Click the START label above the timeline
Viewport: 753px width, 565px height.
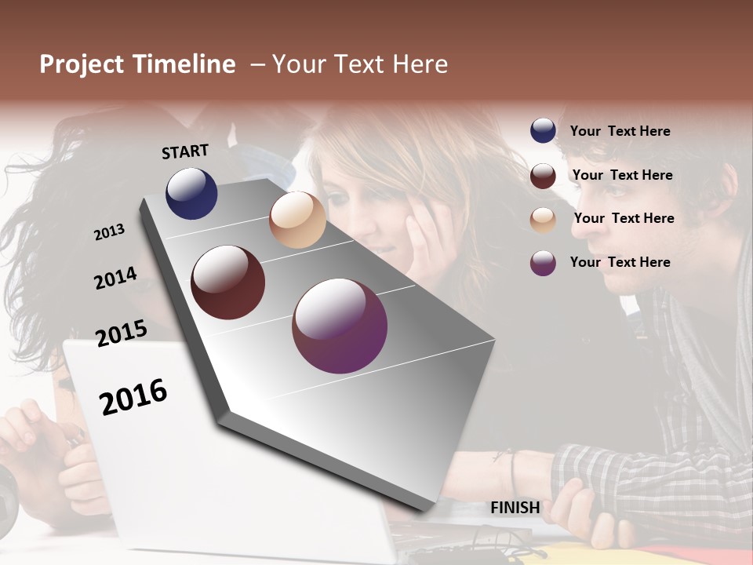click(185, 151)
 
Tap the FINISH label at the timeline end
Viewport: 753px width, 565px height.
click(515, 508)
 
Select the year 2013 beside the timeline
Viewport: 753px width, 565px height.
click(109, 232)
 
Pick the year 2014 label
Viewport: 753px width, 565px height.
click(115, 279)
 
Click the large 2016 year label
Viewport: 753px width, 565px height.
click(133, 397)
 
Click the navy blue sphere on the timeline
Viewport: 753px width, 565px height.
click(191, 193)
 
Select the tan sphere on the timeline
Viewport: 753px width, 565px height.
click(297, 220)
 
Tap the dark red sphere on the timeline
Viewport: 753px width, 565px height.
click(227, 282)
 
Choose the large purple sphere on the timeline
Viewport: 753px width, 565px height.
click(340, 326)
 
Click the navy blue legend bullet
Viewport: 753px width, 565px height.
click(543, 131)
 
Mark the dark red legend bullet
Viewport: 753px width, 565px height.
click(543, 176)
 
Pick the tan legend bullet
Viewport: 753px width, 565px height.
click(543, 220)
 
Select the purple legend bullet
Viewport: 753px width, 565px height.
click(543, 263)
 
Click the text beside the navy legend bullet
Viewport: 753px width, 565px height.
click(620, 131)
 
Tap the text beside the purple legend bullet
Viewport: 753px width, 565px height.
click(620, 262)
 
